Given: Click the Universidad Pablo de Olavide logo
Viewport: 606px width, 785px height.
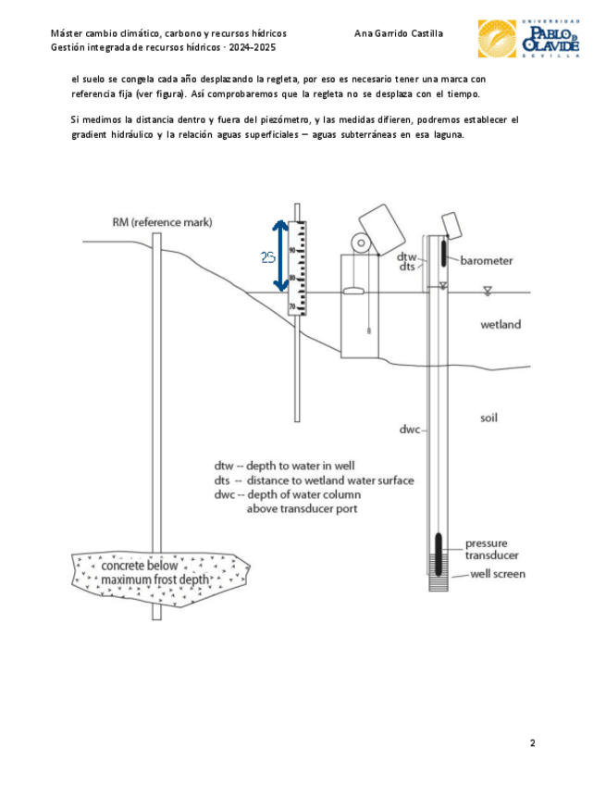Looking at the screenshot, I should point(527,38).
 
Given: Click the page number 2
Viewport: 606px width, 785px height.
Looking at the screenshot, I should point(533,742).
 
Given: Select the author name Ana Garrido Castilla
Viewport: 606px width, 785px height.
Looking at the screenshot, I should point(398,33).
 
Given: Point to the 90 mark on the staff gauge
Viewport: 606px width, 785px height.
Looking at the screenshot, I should point(291,250).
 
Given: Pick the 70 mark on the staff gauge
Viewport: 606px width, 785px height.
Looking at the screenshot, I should point(291,306).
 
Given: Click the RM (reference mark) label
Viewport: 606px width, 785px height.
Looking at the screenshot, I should point(162,222).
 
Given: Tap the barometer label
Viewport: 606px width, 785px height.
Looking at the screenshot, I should point(486,261).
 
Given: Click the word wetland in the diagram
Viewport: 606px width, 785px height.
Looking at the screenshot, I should point(500,325).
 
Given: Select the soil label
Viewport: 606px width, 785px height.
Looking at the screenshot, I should point(489,417).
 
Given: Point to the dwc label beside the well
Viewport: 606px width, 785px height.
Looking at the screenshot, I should point(410,430).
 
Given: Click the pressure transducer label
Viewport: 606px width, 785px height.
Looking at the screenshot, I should point(491,549).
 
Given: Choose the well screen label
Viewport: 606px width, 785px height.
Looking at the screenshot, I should point(498,574).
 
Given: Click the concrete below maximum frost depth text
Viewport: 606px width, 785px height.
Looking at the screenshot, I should point(155,572).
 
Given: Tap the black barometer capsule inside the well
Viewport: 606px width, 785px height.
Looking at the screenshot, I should point(443,250).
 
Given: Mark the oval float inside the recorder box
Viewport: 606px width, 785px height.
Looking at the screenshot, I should point(353,292).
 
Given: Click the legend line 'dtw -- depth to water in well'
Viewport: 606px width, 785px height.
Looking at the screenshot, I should point(284,466).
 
